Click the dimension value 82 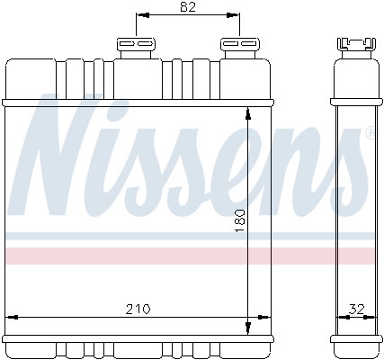187,8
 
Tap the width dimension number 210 137,309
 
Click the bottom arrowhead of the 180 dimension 249,328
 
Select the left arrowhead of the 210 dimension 12,317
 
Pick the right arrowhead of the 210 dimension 264,317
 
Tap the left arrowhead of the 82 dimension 139,16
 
